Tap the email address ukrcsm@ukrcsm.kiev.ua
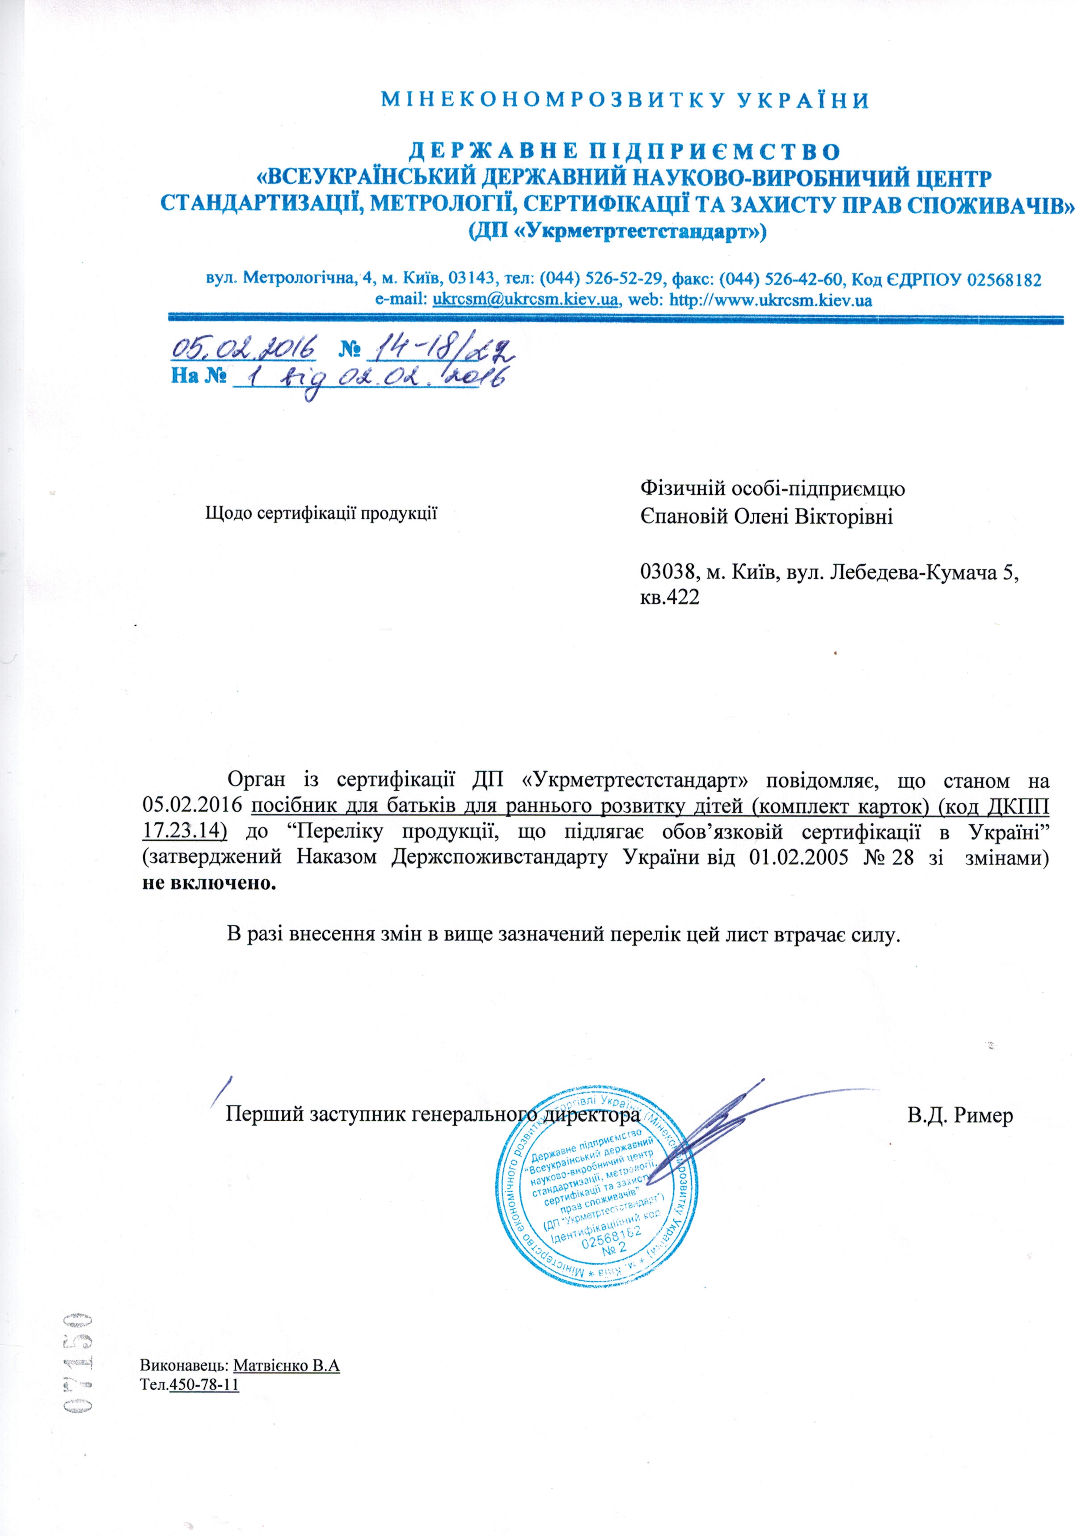pyautogui.click(x=525, y=299)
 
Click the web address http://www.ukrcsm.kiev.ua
pyautogui.click(x=770, y=299)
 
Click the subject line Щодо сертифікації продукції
pyautogui.click(x=321, y=513)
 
